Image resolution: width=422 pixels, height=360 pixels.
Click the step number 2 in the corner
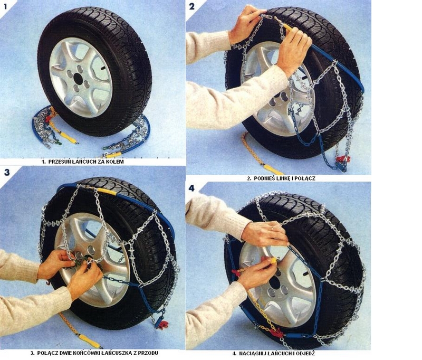tap(191, 6)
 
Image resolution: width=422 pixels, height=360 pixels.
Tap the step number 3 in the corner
tap(6, 173)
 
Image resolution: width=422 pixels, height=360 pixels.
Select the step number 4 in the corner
tap(192, 188)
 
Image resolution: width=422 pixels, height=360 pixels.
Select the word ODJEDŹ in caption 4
tap(305, 353)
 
